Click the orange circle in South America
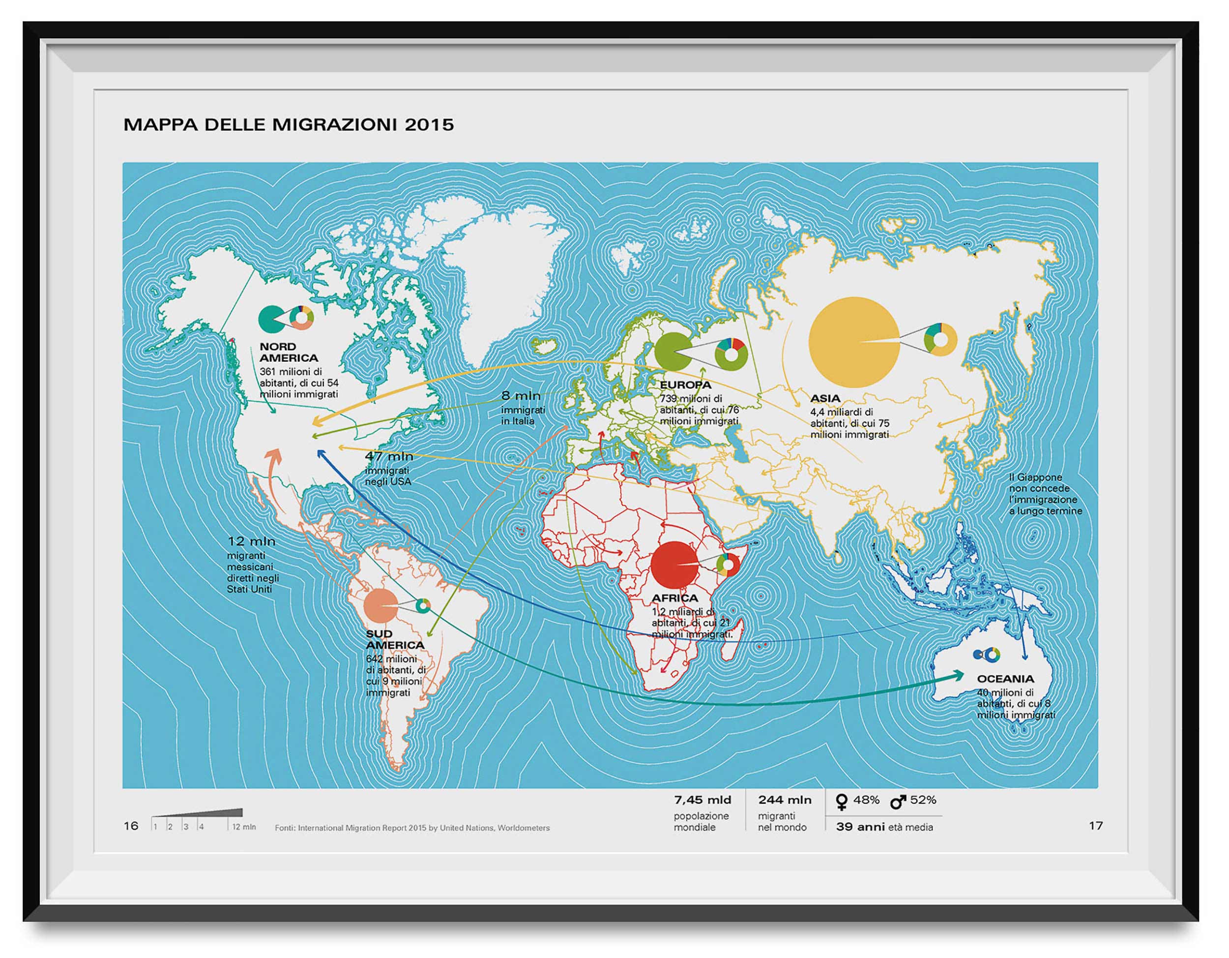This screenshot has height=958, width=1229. pyautogui.click(x=380, y=606)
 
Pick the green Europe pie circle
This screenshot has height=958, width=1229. pyautogui.click(x=672, y=352)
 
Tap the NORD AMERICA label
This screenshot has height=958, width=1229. pyautogui.click(x=288, y=352)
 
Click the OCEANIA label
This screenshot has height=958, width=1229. pyautogui.click(x=1005, y=679)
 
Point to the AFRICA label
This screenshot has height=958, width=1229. pyautogui.click(x=674, y=598)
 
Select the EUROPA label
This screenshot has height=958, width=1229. pyautogui.click(x=685, y=385)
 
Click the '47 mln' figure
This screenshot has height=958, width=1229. pyautogui.click(x=388, y=456)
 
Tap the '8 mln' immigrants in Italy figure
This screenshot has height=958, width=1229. pyautogui.click(x=521, y=396)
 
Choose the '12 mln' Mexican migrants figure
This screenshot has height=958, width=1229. pyautogui.click(x=251, y=541)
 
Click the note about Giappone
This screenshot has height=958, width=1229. pyautogui.click(x=1045, y=494)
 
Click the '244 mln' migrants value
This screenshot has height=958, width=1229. pyautogui.click(x=784, y=800)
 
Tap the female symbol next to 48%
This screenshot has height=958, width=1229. pyautogui.click(x=842, y=802)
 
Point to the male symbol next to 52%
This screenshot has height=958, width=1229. pyautogui.click(x=898, y=801)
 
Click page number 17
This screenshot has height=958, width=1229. pyautogui.click(x=1095, y=826)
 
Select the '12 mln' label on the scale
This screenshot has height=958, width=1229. pyautogui.click(x=244, y=827)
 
